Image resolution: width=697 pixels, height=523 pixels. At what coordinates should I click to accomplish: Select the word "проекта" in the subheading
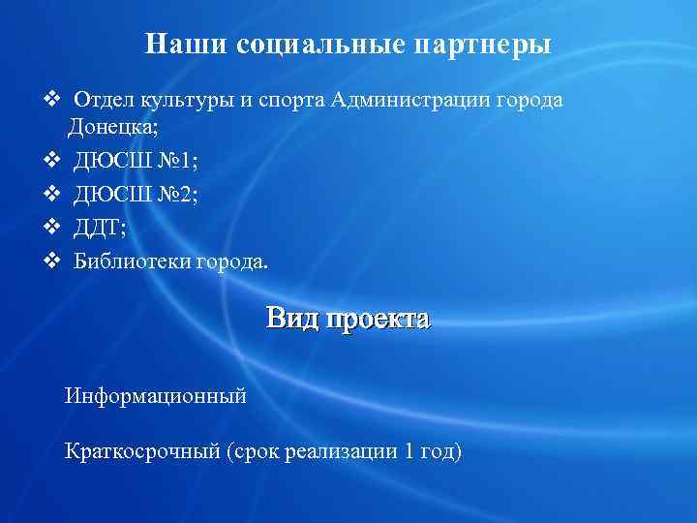click(378, 320)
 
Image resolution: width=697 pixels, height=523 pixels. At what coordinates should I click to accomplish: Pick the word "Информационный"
click(156, 395)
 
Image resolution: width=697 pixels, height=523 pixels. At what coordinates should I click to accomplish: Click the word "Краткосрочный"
click(142, 450)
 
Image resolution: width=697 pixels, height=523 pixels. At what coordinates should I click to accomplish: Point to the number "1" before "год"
click(410, 450)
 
